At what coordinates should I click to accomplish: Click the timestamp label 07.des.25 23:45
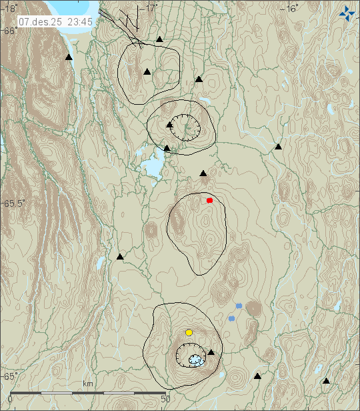click(x=56, y=21)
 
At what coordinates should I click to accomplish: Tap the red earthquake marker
click(x=209, y=200)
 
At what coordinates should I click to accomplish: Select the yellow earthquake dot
click(x=189, y=332)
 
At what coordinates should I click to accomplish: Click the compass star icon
click(x=347, y=12)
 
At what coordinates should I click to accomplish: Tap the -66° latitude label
click(x=10, y=31)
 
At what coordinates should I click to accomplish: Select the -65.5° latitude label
click(x=14, y=203)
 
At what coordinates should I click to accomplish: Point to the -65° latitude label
click(x=10, y=376)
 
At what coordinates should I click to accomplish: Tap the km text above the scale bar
click(x=87, y=384)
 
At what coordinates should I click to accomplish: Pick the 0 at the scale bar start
click(x=9, y=398)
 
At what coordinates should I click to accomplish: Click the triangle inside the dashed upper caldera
click(x=170, y=123)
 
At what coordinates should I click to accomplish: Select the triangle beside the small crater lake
click(x=211, y=352)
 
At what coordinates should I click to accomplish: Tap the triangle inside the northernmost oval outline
click(x=147, y=71)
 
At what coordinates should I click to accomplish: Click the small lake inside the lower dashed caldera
click(x=195, y=360)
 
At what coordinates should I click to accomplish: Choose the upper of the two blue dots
click(x=239, y=306)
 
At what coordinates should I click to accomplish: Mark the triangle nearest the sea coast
click(x=68, y=57)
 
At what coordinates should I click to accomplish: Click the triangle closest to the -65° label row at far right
click(x=326, y=381)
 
